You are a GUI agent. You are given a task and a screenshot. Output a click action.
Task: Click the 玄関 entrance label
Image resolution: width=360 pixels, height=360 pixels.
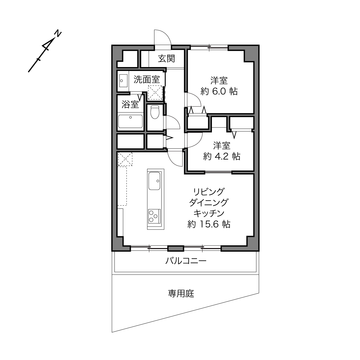pos(166,59)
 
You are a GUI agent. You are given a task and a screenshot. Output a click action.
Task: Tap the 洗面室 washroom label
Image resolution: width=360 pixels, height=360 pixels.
pos(147,80)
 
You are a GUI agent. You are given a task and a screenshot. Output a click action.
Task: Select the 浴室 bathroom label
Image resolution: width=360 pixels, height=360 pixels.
pos(130,104)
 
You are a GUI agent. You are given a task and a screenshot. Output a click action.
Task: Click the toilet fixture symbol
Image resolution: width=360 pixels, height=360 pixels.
pos(155,112)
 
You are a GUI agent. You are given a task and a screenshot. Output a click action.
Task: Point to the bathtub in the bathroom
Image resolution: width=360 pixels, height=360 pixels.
pos(131,121)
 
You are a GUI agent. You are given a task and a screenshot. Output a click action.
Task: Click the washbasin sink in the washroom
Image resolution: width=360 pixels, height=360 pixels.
pos(123,81)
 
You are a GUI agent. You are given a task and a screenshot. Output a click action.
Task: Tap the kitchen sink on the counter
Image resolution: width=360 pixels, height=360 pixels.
pos(154,181)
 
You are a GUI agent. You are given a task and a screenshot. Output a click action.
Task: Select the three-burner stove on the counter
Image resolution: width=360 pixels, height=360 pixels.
pos(154,216)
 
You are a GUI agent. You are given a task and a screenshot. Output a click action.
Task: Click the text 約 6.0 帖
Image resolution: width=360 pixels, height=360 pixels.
pos(219,91)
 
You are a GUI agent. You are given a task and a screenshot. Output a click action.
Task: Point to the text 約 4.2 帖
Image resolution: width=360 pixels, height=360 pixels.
pos(222,156)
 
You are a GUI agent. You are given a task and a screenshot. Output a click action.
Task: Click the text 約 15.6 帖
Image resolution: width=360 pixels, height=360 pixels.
pos(209,224)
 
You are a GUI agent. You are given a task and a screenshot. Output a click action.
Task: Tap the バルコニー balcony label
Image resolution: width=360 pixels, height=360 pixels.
pos(186,261)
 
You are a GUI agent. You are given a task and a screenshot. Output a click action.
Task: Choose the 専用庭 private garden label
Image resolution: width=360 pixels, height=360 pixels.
pos(181,294)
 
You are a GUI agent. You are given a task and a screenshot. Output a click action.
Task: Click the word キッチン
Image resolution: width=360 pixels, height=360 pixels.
pos(209,213)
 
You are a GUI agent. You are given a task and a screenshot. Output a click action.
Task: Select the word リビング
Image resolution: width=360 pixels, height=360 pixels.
pos(209,192)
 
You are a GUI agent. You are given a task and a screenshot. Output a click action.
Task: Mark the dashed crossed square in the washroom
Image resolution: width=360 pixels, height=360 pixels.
pos(155,93)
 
